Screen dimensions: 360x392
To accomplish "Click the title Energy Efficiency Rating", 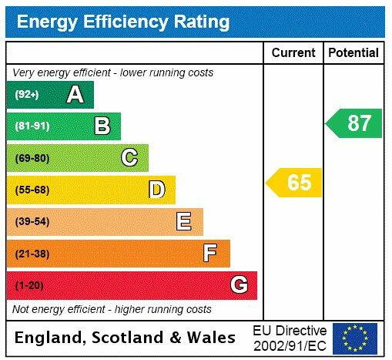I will point(123,21).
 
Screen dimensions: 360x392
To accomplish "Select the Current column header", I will point(293,52).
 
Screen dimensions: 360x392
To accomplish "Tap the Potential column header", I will point(353,52).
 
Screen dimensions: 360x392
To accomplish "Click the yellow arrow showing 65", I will point(295,183).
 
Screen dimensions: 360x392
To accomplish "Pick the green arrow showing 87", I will point(354,123).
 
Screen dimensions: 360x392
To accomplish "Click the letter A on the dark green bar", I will point(75,95).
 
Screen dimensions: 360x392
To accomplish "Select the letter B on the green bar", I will point(102,126).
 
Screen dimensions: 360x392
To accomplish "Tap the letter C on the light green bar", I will point(129,158).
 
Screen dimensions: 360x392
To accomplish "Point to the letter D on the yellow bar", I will point(156,190).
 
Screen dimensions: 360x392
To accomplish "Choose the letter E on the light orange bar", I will point(183,222).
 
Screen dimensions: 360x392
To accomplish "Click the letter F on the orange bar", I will point(209,253).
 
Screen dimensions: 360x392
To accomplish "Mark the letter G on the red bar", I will point(239,285).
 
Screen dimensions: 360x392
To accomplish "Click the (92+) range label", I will point(27,95).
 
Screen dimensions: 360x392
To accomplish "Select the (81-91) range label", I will point(32,126).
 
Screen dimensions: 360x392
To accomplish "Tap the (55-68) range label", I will point(32,190).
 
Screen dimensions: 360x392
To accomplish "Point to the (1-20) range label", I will point(29,286).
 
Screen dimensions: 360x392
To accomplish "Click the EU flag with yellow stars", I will point(355,338).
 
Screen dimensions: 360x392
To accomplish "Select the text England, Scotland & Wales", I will point(126,338).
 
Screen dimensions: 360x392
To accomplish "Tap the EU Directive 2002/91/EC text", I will point(290,337).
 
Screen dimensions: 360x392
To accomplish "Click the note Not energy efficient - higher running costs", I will point(112,309).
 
